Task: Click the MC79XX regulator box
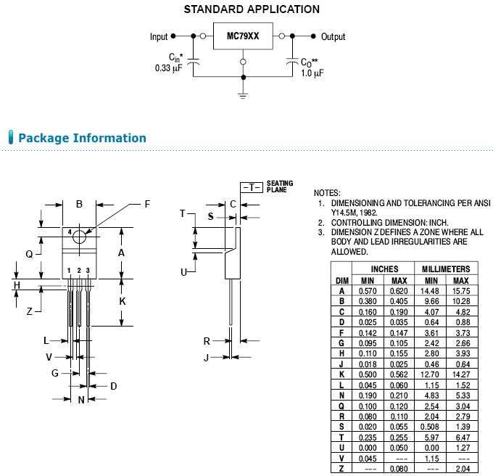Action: [x=243, y=36]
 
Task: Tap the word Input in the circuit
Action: [x=159, y=37]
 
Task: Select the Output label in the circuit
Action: [x=333, y=37]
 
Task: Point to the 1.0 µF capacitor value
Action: [x=312, y=73]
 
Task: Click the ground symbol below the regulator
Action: [x=243, y=91]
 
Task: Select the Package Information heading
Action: [x=82, y=138]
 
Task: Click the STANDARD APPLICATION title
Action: [x=252, y=9]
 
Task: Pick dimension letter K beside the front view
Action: [x=123, y=300]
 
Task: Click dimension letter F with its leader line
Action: [x=147, y=204]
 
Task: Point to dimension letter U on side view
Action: [x=184, y=271]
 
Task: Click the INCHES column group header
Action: [x=384, y=268]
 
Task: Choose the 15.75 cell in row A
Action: [x=460, y=291]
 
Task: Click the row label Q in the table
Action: [x=341, y=405]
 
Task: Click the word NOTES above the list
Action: [x=327, y=192]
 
